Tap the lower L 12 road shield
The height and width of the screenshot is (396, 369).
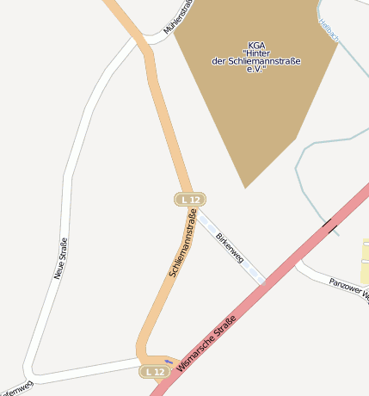click(154, 371)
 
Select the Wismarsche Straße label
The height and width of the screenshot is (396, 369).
click(205, 343)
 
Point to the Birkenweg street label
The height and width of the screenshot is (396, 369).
click(230, 247)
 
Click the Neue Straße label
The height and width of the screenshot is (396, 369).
click(60, 258)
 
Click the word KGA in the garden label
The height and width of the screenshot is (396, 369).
click(256, 45)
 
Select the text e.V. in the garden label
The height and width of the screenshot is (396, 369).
click(255, 69)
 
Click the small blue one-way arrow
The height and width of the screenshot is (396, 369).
click(169, 361)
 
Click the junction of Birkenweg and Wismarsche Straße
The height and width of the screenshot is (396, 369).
click(262, 282)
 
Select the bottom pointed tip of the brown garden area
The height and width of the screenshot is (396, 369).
click(245, 187)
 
